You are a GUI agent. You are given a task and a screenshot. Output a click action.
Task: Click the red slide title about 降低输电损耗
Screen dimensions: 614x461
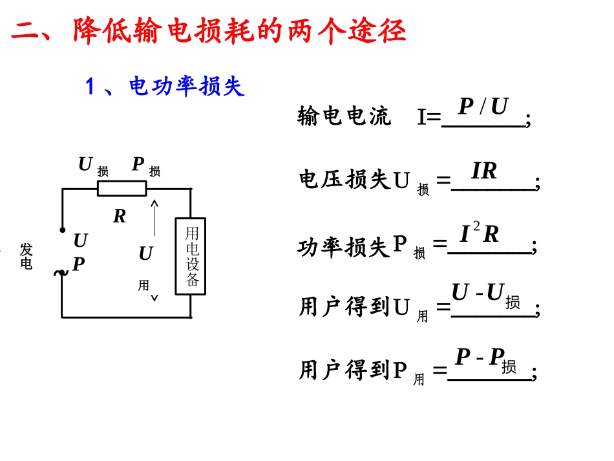[208, 30]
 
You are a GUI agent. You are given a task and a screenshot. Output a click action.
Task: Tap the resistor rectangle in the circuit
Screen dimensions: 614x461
[122, 188]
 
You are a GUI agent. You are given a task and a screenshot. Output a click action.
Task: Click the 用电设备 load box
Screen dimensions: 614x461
[191, 256]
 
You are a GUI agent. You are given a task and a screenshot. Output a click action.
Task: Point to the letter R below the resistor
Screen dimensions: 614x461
[120, 216]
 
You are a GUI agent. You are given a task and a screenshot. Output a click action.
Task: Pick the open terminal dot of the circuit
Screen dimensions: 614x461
[62, 230]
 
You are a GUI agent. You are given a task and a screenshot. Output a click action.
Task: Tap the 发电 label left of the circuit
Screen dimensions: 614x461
[26, 256]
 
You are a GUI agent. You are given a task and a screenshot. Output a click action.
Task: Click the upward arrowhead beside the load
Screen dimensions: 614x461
[154, 203]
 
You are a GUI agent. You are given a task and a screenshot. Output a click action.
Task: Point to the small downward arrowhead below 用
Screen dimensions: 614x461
[154, 299]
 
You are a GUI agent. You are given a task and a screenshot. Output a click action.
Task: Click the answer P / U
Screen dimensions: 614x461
[483, 106]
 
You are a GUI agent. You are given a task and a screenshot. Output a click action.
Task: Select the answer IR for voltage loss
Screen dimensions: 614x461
[484, 171]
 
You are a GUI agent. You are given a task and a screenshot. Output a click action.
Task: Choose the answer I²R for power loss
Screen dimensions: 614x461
[479, 233]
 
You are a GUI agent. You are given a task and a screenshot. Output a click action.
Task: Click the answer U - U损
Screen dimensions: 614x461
[486, 295]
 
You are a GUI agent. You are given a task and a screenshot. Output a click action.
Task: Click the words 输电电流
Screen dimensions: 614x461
[344, 116]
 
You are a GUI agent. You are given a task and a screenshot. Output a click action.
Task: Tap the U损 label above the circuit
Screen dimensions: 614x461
[94, 166]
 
